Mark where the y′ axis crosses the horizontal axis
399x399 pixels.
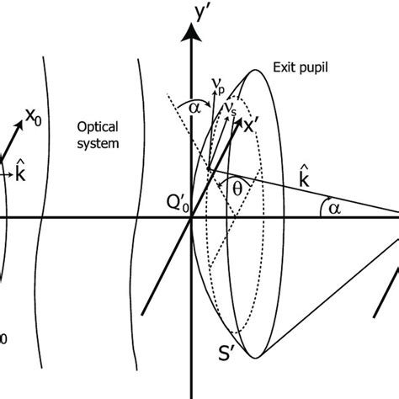point(193,217)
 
